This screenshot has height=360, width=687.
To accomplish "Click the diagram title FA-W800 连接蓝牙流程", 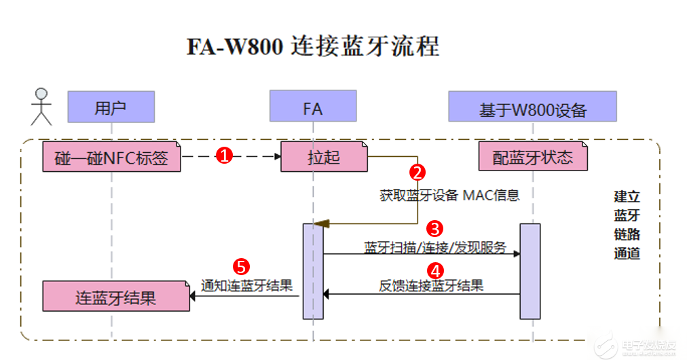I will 313,47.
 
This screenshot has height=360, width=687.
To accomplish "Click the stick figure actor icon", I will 42,107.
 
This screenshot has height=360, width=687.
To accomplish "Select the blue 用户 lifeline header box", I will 111,107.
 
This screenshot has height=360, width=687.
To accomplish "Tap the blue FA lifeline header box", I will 312,107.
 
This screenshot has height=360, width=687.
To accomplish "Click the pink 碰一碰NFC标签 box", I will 112,158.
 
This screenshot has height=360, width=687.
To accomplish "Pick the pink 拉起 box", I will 324,158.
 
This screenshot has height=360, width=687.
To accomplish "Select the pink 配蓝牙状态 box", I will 532,157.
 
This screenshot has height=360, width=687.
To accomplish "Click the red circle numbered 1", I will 225,156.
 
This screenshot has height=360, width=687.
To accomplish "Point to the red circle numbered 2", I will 417,172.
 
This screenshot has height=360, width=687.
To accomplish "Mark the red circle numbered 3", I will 434,228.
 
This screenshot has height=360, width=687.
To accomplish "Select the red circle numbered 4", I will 435,270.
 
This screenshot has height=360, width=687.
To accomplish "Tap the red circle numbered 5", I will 241,265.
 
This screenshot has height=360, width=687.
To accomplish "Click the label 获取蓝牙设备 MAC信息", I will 449,196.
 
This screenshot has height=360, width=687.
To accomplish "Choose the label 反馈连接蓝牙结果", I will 431,285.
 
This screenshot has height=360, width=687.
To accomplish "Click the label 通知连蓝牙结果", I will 246,285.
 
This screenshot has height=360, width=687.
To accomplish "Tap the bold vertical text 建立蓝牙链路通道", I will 626,225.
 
